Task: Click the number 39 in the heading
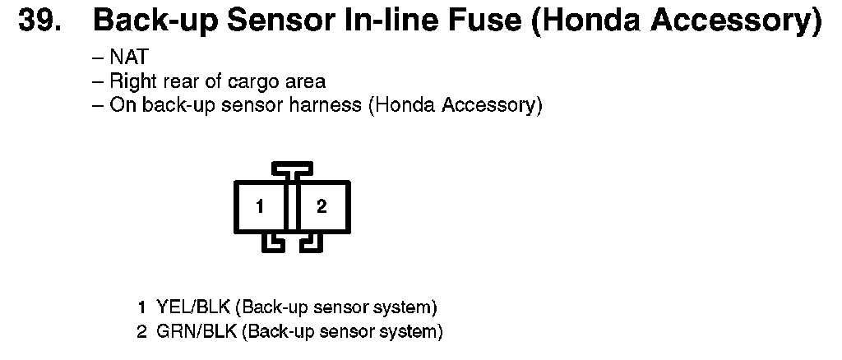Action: coord(39,21)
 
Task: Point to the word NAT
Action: coord(128,58)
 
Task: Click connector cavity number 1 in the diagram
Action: coord(260,207)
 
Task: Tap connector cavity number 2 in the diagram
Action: coord(322,207)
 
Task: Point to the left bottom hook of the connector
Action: coord(272,242)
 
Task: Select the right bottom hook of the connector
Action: coord(309,242)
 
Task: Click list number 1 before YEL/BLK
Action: coord(141,308)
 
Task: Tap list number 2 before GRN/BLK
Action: coord(141,332)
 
